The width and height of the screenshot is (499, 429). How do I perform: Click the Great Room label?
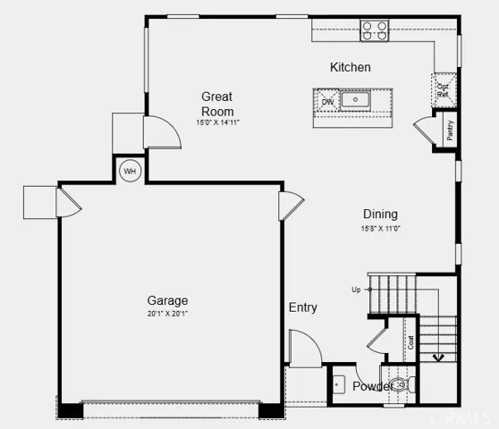point(217,104)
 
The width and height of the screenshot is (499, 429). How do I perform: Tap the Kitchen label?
point(350,68)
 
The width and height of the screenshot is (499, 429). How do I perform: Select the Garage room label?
point(167,301)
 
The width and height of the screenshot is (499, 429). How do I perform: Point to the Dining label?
point(380,214)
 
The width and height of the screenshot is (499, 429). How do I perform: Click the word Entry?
point(302,307)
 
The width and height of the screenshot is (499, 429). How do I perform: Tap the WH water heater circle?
point(130,171)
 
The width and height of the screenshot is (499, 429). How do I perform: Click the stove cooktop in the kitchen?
point(375,31)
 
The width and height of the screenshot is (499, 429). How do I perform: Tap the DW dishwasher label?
point(327,101)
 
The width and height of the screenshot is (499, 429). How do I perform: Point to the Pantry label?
point(450,130)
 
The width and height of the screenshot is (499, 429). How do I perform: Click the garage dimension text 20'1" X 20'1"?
point(167,314)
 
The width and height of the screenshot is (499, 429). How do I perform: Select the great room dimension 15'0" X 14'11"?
point(217,122)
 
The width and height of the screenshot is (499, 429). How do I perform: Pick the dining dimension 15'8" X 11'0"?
point(380,228)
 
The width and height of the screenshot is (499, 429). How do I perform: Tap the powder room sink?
point(338,385)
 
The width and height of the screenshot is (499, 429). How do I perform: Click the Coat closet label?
point(410,342)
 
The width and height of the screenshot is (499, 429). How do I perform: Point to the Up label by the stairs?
point(356,290)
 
